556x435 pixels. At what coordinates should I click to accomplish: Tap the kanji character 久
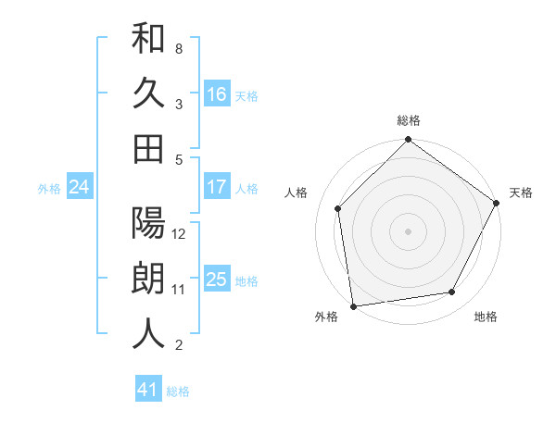[149, 93]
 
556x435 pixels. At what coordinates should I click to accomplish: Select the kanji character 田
[149, 148]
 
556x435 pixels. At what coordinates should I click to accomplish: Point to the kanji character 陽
[149, 225]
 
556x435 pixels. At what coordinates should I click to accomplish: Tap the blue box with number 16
[217, 94]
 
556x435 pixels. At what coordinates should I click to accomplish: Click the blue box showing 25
[217, 280]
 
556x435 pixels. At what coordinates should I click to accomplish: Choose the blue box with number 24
[79, 188]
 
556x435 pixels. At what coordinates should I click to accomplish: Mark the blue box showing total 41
[148, 391]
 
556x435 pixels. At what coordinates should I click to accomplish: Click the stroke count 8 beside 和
[179, 47]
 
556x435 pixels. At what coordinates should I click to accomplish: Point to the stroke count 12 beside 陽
[180, 234]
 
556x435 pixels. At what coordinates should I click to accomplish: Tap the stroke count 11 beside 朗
[180, 290]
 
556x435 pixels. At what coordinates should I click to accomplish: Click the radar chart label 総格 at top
[409, 120]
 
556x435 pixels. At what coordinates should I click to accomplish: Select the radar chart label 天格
[521, 193]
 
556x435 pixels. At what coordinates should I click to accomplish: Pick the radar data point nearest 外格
[353, 305]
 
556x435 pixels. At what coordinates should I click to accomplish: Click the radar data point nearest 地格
[452, 292]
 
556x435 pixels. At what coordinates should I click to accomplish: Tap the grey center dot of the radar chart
[408, 231]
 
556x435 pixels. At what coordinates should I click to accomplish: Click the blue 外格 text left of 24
[49, 189]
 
